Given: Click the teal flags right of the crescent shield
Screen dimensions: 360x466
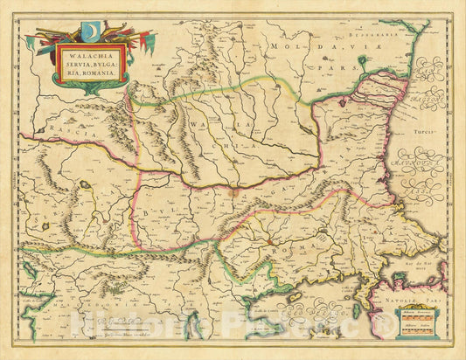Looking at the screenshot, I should [x=131, y=41].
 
